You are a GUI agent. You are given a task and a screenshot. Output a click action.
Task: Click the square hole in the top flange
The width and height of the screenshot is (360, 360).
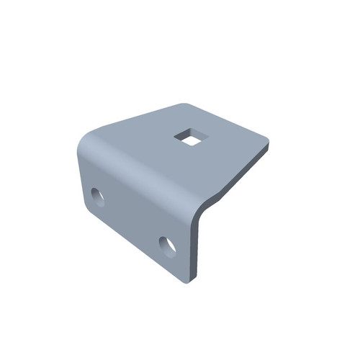190,137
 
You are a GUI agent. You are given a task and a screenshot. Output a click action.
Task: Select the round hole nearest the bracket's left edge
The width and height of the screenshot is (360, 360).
98,196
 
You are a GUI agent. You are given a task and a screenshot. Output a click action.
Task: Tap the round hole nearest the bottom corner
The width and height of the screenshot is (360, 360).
168,246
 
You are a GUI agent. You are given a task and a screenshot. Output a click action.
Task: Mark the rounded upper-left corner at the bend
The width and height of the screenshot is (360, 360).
85,140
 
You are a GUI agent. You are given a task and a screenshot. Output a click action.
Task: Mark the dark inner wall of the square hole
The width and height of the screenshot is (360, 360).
186,133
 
